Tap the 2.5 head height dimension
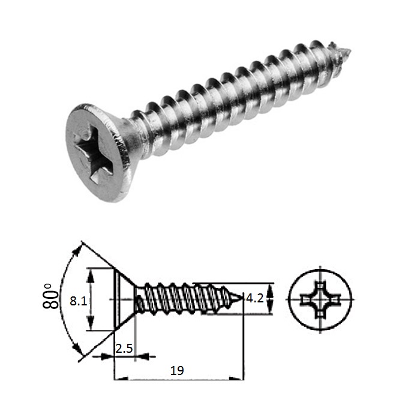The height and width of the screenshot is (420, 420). (x=124, y=348)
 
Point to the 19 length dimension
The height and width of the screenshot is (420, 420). (x=176, y=371)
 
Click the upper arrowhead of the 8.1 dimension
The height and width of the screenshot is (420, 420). (x=91, y=272)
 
